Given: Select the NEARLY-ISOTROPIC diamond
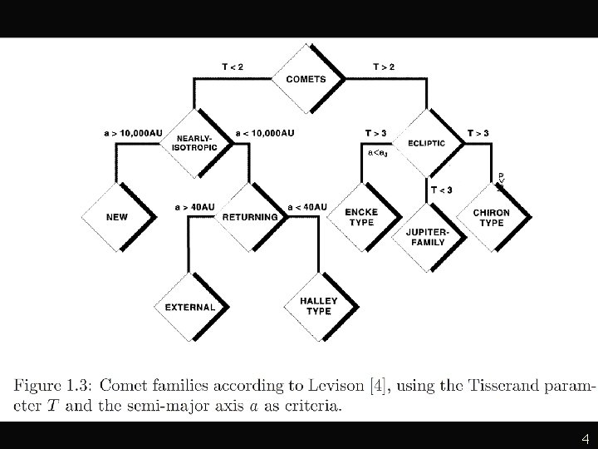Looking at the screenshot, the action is click(x=194, y=142).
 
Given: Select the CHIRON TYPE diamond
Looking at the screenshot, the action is click(x=492, y=217).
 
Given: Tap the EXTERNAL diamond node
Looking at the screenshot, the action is click(x=190, y=307).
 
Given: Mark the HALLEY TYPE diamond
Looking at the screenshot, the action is click(x=316, y=306).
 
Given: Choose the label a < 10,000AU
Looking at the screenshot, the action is click(x=265, y=131).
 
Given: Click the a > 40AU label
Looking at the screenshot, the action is click(x=194, y=206).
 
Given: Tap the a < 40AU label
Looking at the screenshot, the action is click(x=306, y=206).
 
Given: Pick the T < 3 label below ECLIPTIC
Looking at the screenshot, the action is click(x=442, y=190).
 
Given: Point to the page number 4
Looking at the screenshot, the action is click(x=585, y=438).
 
